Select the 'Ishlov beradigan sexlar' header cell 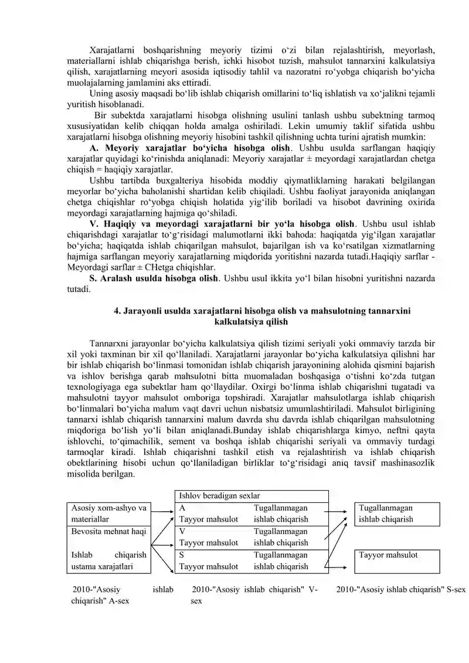pos(219,496)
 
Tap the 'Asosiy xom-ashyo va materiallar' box pos(108,514)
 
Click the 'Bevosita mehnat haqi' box pos(108,531)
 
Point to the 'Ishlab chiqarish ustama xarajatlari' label pos(108,560)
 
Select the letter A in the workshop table pos(182,508)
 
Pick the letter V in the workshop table pos(182,532)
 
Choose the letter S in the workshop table pos(182,555)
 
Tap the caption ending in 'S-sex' pos(401,590)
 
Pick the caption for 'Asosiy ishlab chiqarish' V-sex pos(255,595)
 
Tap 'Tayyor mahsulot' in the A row pos(208,519)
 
